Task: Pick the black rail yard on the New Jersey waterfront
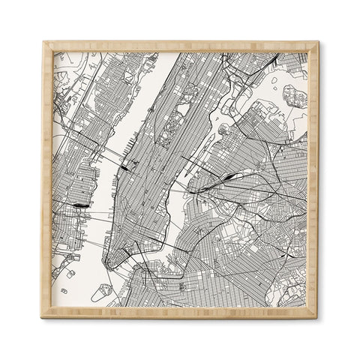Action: [79, 204]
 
